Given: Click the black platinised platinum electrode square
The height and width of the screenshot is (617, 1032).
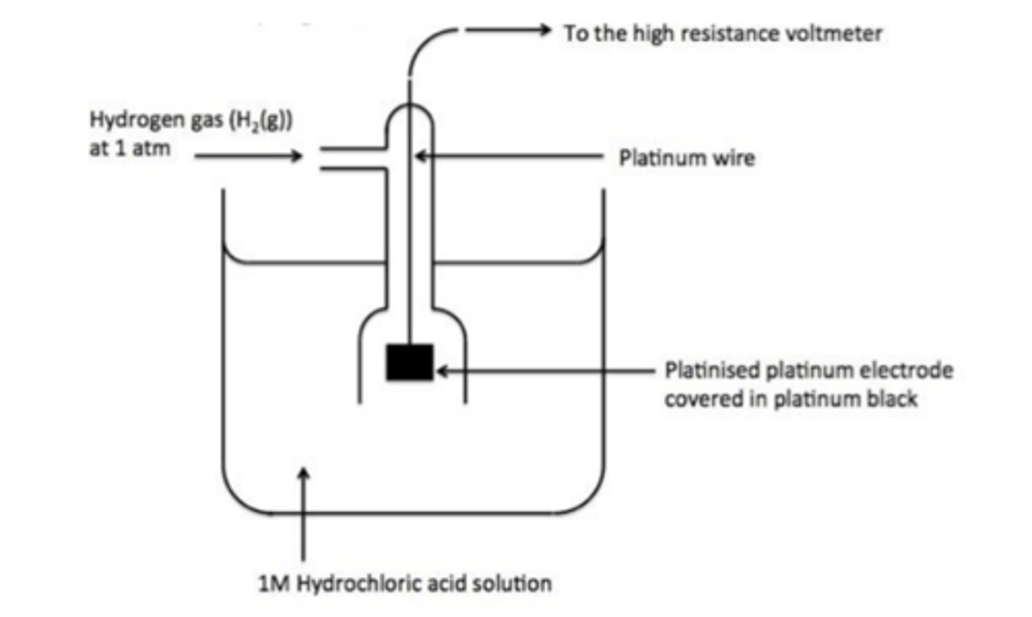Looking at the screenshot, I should [409, 362].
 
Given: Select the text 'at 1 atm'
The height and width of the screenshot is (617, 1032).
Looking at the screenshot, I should [130, 149].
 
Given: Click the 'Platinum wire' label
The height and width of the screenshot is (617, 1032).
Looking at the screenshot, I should [687, 158].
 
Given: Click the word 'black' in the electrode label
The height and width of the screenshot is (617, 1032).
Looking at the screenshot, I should [892, 398].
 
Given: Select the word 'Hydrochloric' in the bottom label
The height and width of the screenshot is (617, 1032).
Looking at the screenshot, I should [360, 583].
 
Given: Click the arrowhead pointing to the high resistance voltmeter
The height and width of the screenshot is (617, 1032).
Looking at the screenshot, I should [545, 30].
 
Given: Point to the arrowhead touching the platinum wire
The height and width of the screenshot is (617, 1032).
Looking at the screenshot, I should [421, 156].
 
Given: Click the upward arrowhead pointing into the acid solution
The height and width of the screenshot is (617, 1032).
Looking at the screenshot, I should [305, 474].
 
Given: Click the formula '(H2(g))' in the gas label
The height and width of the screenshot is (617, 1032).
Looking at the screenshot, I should [259, 120].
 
